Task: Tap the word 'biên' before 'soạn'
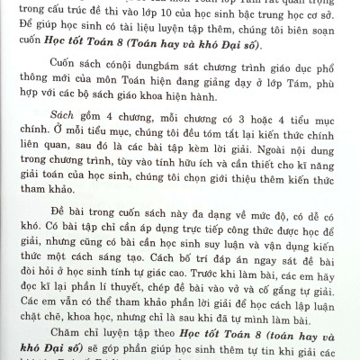(x=293, y=31)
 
